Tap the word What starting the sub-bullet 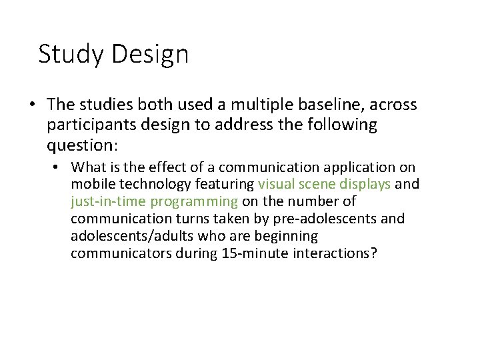(x=87, y=167)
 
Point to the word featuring (x=223, y=184)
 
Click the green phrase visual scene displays (x=324, y=184)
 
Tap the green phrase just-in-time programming (x=154, y=201)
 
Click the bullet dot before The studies (x=31, y=105)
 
